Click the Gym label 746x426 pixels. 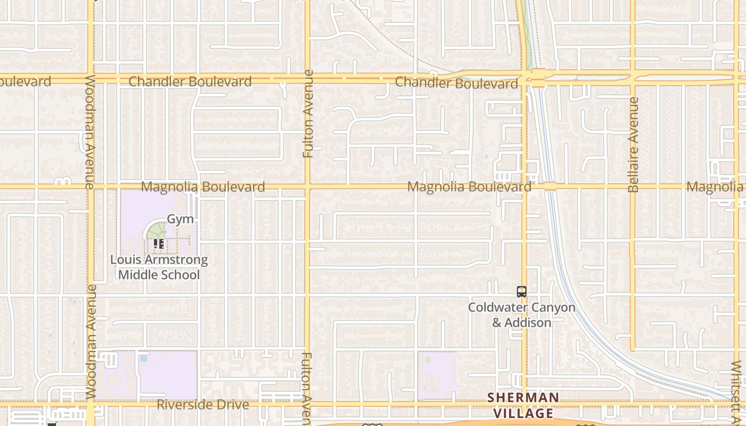(x=180, y=219)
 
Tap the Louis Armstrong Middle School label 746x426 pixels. (x=159, y=267)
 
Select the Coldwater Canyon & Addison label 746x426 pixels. (x=522, y=315)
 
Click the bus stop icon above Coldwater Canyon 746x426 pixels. (x=522, y=292)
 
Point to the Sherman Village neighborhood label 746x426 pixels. (x=523, y=405)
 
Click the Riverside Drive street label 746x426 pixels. (x=202, y=405)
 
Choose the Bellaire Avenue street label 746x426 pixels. (x=633, y=144)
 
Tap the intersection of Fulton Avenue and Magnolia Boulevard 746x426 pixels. (x=307, y=186)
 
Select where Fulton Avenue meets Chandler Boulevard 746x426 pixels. (x=307, y=79)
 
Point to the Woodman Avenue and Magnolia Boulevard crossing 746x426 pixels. (x=90, y=186)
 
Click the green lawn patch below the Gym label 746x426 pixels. (x=156, y=231)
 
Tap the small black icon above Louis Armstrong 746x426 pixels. (x=158, y=244)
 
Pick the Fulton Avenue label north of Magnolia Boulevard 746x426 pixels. (x=308, y=113)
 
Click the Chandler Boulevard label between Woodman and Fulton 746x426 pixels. (x=190, y=81)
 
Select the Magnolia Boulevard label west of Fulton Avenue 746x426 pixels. (x=202, y=187)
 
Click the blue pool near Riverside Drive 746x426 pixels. (x=143, y=358)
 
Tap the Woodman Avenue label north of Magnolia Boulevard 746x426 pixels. (x=90, y=132)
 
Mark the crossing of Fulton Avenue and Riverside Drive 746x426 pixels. (x=307, y=404)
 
